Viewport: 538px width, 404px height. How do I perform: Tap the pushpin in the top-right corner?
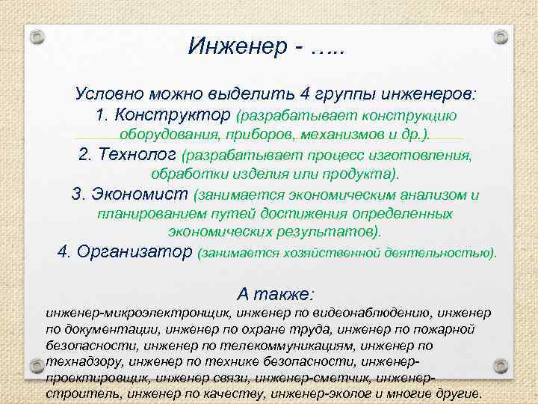tap(501, 36)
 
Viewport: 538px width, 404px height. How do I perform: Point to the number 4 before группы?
tap(303, 95)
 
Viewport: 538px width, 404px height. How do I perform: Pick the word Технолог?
tap(137, 155)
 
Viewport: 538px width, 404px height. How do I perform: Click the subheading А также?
tap(276, 293)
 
